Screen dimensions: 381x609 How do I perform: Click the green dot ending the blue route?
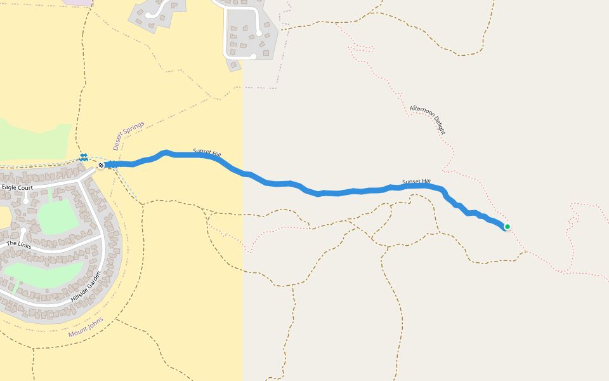(507, 227)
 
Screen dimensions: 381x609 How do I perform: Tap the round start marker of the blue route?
(101, 166)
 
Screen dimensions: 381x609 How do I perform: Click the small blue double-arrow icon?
(84, 156)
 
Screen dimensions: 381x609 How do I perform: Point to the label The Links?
(18, 244)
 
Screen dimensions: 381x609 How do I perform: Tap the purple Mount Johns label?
(86, 326)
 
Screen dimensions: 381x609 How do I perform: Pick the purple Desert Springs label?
(129, 135)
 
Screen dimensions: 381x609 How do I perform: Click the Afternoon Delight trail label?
(428, 120)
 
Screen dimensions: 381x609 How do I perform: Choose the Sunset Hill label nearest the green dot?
(416, 182)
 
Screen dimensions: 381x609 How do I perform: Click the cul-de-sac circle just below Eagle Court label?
(25, 201)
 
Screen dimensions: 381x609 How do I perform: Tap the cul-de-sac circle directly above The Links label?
(23, 231)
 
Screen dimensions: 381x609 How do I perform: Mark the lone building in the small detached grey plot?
(234, 65)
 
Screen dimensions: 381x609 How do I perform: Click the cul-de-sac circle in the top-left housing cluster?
(148, 15)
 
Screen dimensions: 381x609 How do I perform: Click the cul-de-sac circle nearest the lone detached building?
(253, 56)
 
